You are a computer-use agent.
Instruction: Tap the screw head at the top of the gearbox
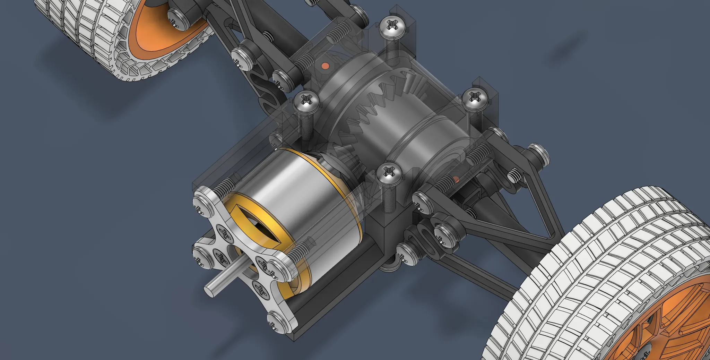click(392, 27)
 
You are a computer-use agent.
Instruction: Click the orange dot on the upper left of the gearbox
click(325, 65)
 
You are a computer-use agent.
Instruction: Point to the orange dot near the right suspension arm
click(456, 179)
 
